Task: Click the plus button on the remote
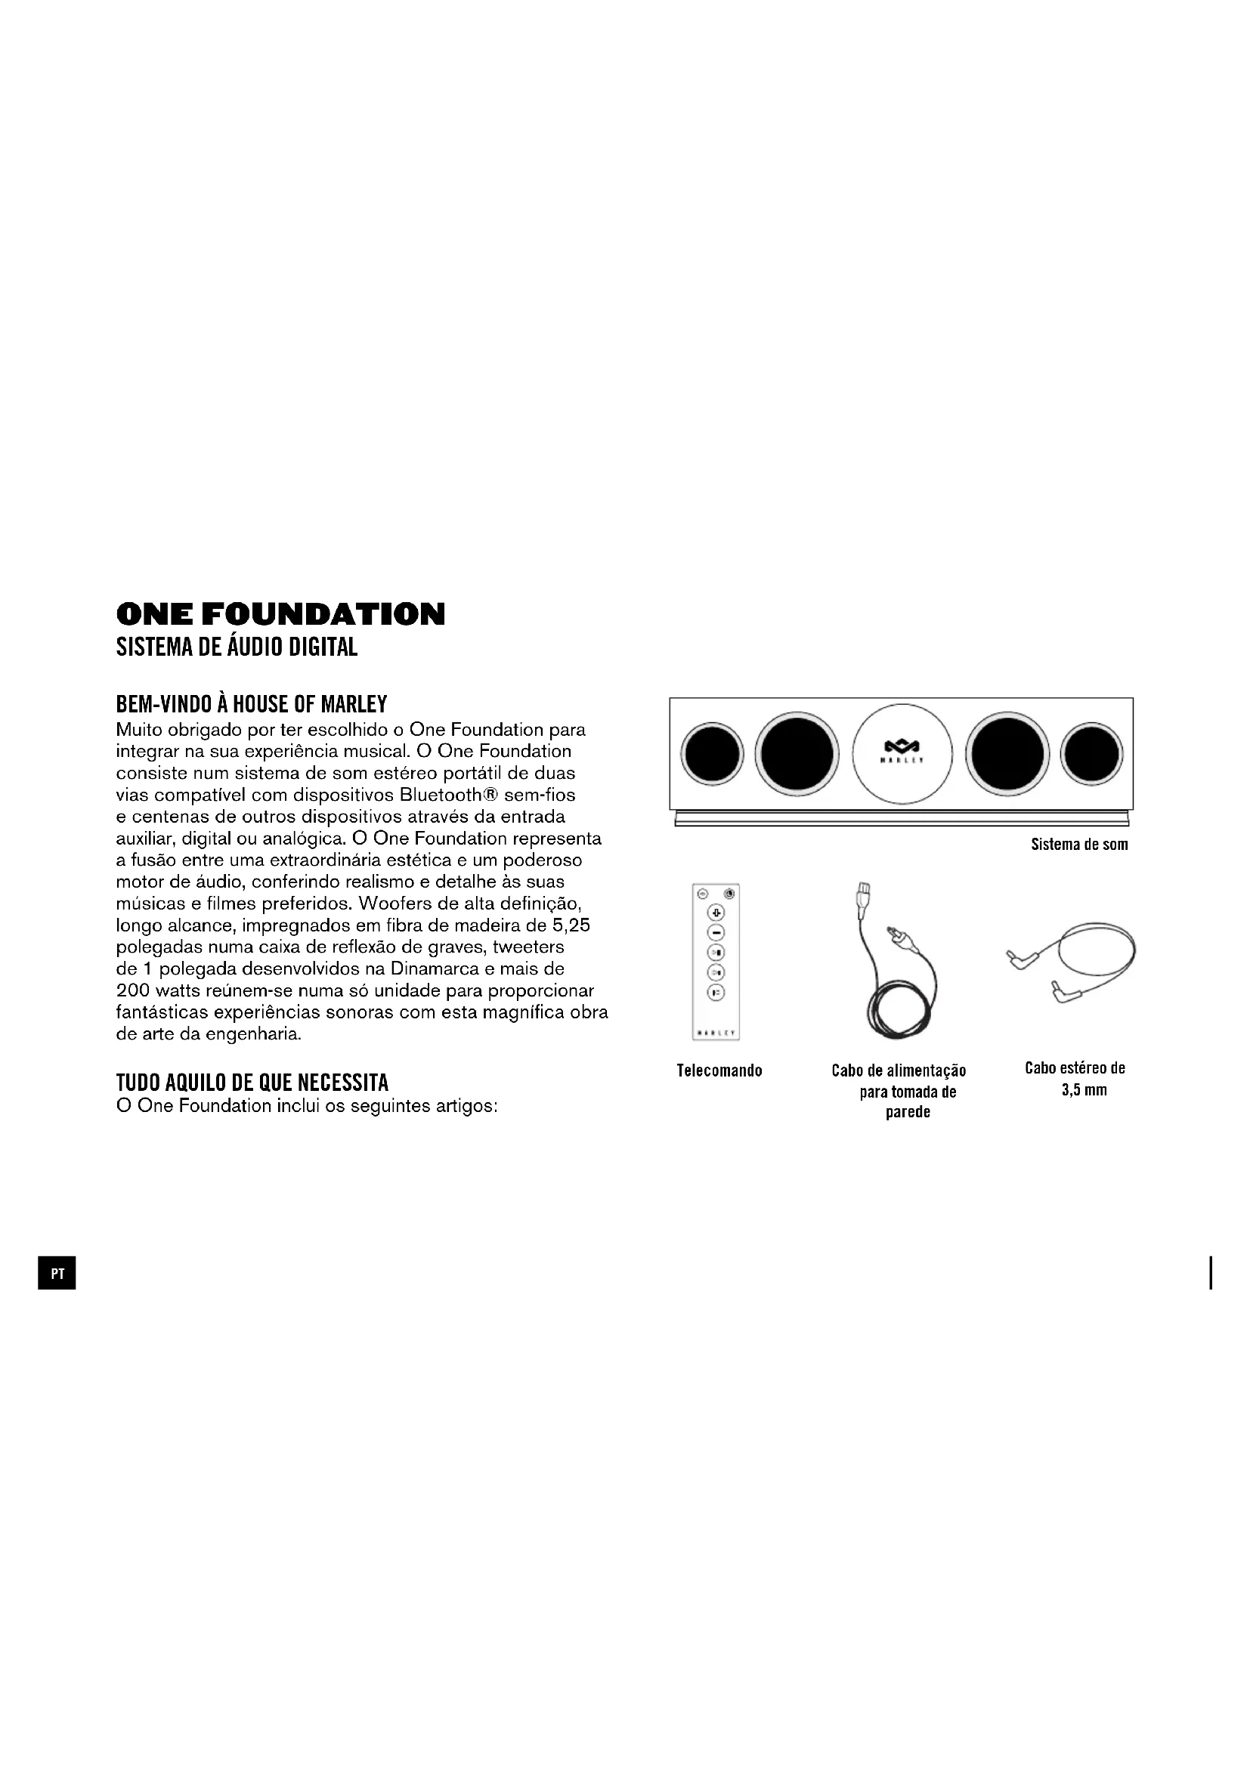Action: click(716, 913)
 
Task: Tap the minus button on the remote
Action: click(716, 933)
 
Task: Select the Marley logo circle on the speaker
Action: click(902, 754)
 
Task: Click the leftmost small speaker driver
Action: click(712, 754)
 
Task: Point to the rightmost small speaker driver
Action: click(1091, 754)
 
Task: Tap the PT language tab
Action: click(57, 1274)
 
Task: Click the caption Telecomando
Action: click(719, 1070)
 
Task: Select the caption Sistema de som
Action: click(1079, 845)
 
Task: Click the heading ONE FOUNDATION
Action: click(280, 614)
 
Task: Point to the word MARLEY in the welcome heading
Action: click(353, 704)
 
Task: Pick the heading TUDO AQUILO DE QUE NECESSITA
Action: click(252, 1083)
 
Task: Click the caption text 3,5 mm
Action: click(1084, 1090)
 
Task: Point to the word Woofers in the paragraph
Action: click(391, 903)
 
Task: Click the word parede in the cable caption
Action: click(908, 1112)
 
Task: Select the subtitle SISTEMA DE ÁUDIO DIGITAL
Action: click(237, 647)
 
